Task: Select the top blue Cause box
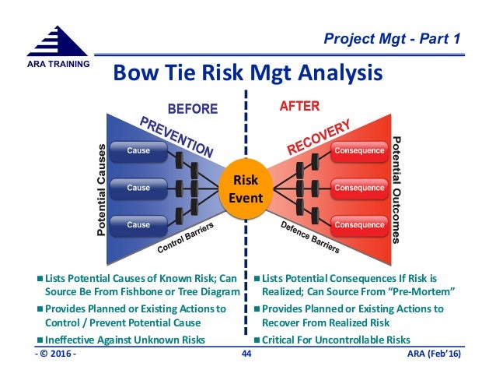(x=139, y=150)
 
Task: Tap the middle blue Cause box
(x=139, y=188)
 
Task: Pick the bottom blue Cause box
(x=139, y=225)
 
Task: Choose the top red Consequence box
(x=358, y=150)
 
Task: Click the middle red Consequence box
(x=358, y=188)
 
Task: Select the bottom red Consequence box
(x=358, y=225)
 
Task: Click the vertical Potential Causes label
(x=100, y=190)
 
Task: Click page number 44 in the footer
(x=248, y=356)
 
